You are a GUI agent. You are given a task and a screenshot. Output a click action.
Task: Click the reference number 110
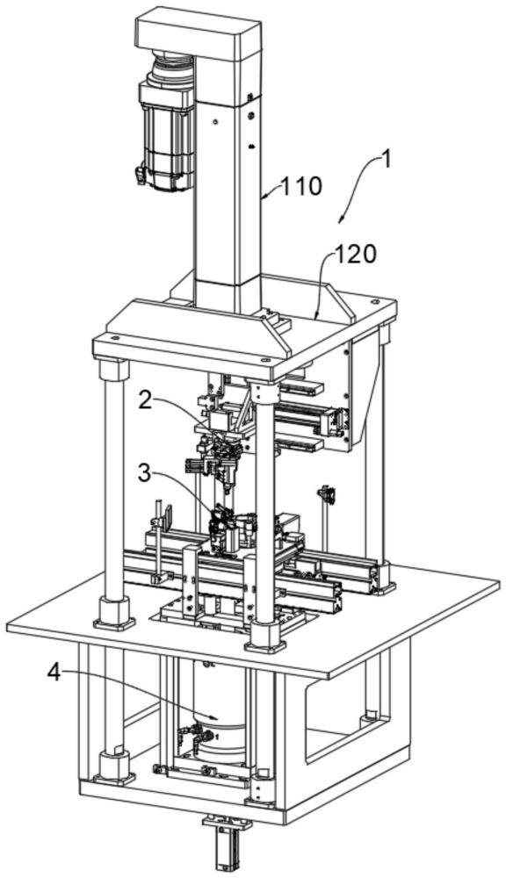point(301,186)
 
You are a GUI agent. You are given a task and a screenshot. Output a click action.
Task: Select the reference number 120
point(355,255)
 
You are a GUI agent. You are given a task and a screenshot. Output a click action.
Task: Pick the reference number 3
point(145,474)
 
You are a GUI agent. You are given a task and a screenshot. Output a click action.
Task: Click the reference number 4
point(54,673)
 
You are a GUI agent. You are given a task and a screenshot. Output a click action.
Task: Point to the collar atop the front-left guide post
point(113,371)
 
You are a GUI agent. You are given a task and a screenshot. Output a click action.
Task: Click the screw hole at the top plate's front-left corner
point(115,339)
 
